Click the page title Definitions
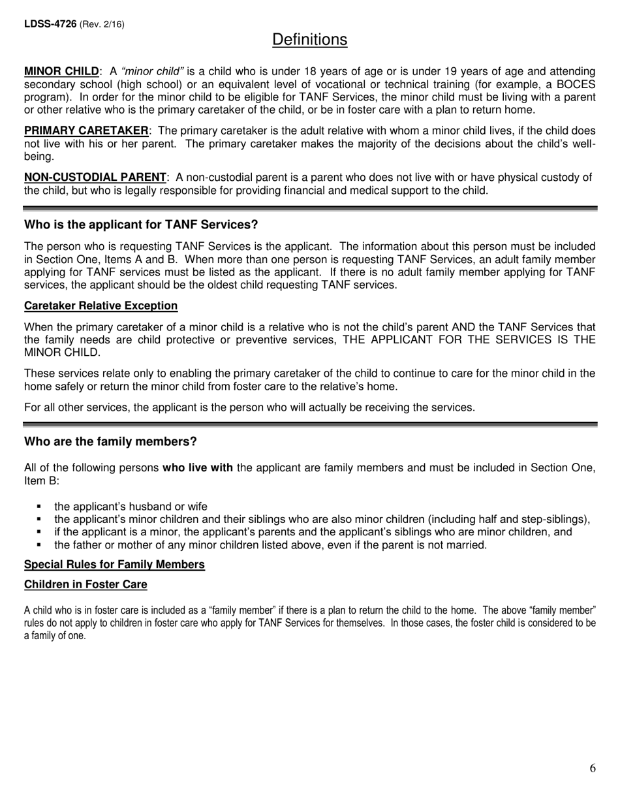(x=309, y=40)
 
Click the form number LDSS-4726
(x=50, y=24)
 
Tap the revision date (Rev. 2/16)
(x=102, y=24)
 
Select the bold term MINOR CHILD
(x=62, y=71)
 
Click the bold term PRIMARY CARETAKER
(x=86, y=131)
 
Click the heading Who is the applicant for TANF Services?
(x=141, y=225)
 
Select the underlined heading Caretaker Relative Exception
(x=101, y=306)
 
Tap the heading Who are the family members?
(x=110, y=441)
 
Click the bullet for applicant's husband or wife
(x=40, y=507)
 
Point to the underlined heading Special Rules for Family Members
(x=114, y=564)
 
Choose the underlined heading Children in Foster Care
(x=85, y=584)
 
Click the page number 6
(x=592, y=768)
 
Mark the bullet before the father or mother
(x=40, y=544)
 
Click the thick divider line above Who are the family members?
(x=310, y=424)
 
